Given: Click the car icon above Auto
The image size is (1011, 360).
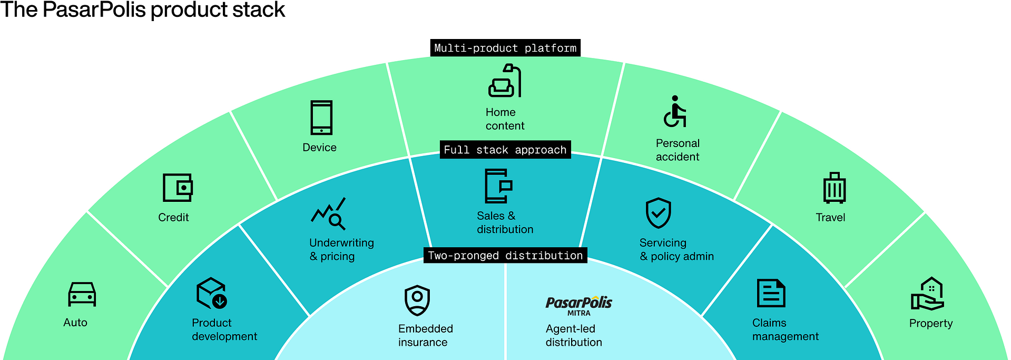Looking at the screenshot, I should coord(82,294).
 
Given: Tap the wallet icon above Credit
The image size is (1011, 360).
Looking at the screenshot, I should coord(178,188).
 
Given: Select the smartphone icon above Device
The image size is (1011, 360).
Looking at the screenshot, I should coord(321,118).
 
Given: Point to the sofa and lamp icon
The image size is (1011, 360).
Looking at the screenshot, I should coord(505,81).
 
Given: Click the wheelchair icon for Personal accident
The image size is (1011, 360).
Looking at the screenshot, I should coord(675,112).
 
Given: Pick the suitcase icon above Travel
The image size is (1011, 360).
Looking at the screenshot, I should coord(834,188).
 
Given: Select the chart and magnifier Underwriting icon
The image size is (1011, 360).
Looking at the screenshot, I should coord(329,213).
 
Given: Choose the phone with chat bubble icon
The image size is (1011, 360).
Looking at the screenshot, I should coord(498,186).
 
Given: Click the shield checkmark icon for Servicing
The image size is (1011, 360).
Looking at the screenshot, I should coord(658,213).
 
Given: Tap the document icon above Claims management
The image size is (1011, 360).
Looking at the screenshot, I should coord(771,293).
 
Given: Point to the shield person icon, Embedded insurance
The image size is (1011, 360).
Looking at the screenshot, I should coord(417,300).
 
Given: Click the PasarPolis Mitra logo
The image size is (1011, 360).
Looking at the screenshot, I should coord(578,305).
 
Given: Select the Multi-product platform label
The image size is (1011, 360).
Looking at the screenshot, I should coord(505,48).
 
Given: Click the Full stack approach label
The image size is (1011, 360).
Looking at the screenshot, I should coord(505,150).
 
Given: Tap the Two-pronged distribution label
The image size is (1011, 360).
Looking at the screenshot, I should coord(505,256).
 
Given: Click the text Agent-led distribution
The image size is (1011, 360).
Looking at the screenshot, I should coord(573,335).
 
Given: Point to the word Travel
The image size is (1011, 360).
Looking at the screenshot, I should coord(830,217).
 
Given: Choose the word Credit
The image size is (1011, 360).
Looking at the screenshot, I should coord(173,217).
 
